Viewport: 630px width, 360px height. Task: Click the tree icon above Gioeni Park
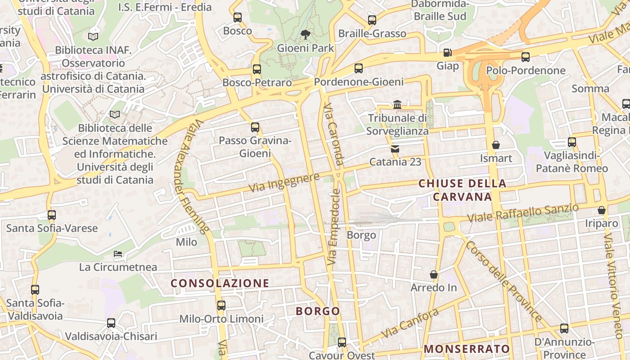(x=306, y=34)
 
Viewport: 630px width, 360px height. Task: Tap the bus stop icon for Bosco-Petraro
(x=256, y=69)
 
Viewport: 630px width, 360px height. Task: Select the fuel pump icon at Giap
(x=447, y=53)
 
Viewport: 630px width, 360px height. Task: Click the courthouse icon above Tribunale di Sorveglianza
(x=397, y=104)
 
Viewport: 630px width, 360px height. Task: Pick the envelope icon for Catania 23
(x=395, y=148)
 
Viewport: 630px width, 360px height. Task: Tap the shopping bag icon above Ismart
(x=496, y=145)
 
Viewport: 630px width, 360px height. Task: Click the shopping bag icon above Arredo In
(x=434, y=274)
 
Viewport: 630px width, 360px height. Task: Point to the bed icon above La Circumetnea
(x=118, y=254)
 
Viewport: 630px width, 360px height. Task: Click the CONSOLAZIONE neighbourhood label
(x=220, y=283)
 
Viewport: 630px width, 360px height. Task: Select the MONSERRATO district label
(x=467, y=349)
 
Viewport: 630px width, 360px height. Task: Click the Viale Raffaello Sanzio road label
(x=522, y=213)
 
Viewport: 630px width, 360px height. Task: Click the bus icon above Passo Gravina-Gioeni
(x=255, y=127)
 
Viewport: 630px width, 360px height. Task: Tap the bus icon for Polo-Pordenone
(x=525, y=57)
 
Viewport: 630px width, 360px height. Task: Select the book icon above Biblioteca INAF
(x=93, y=36)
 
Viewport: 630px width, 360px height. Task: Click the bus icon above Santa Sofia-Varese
(x=52, y=215)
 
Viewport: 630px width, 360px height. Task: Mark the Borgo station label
(x=361, y=235)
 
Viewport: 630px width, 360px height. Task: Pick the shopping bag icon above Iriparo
(x=602, y=210)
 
